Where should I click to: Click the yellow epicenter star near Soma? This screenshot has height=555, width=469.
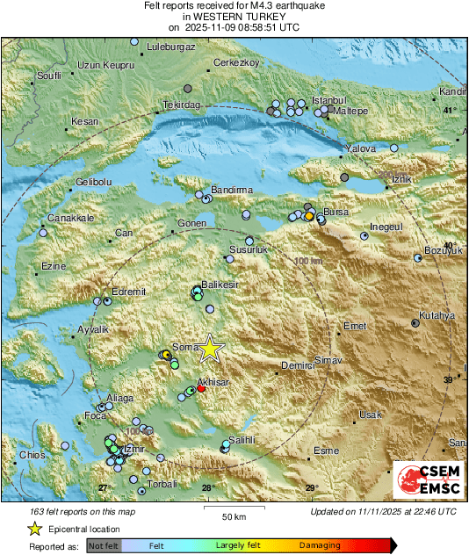[210, 349]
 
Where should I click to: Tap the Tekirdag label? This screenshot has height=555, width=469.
[182, 105]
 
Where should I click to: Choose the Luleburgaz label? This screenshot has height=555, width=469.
[170, 47]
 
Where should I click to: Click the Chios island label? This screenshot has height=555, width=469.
[32, 455]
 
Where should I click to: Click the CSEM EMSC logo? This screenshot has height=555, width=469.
[424, 482]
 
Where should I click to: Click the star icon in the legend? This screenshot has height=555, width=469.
[34, 529]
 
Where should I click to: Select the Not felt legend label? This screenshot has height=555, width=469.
[103, 545]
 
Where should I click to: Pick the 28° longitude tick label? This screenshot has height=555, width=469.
[207, 488]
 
